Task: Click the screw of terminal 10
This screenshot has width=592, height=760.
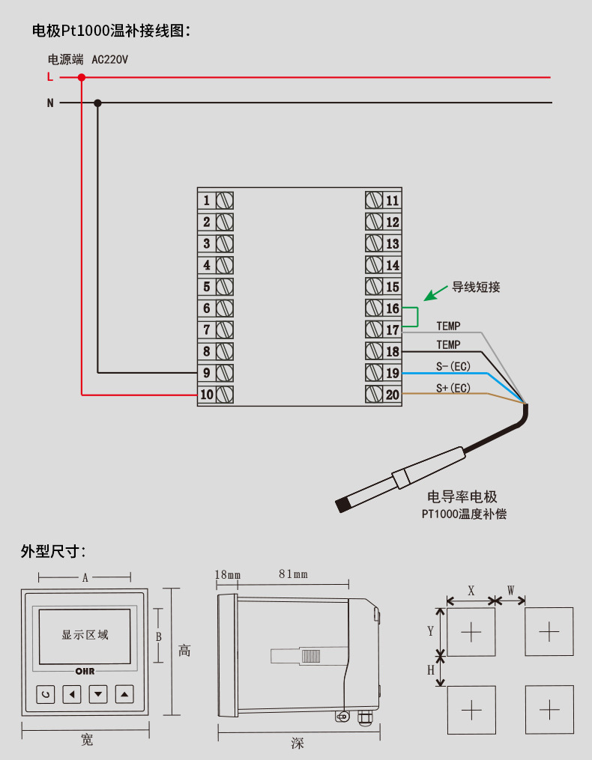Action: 224,394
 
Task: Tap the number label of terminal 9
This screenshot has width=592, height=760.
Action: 206,372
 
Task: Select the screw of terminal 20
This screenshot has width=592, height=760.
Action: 375,394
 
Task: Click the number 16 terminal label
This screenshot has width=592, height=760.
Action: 393,308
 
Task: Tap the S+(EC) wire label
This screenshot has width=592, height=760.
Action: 453,388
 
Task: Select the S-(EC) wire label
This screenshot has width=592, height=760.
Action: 453,366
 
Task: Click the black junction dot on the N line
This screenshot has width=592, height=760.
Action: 97,103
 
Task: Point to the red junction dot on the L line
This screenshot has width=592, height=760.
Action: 82,76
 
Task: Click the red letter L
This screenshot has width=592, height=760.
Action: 50,76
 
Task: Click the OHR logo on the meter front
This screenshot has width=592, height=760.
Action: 85,672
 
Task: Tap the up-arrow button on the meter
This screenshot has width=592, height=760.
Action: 125,694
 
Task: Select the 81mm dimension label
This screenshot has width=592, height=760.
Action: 293,574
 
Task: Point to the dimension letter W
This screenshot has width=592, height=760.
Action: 510,590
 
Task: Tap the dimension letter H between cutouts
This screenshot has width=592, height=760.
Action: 431,670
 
